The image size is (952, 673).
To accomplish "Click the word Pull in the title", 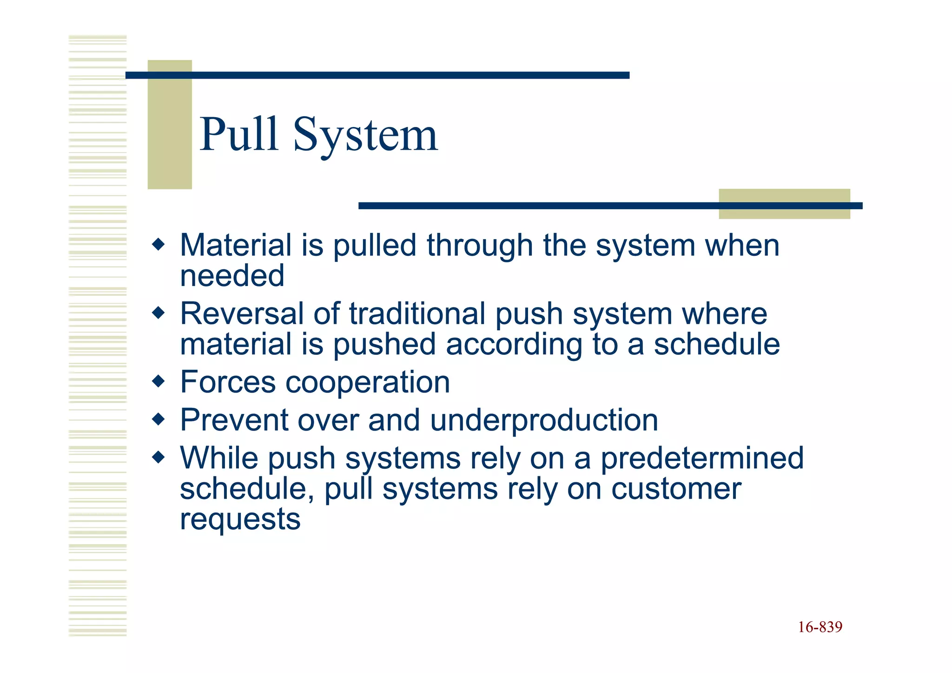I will pos(239,134).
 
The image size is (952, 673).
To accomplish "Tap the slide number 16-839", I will pos(820,627).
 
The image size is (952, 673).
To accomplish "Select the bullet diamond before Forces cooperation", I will pos(159,381).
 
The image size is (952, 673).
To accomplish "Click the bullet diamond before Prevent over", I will pos(159,420).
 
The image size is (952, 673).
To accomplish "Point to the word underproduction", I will pos(544,420).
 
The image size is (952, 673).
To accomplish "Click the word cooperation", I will pos(367,382).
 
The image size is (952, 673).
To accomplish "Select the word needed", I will pos(232,275).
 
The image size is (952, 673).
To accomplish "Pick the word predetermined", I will pos(702,459).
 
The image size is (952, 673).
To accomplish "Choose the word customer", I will pos(676,489).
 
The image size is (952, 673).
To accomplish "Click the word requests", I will pos(240,520).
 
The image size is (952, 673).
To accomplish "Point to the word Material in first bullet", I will pos(236,245).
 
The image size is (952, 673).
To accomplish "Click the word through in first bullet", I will pos(480,246).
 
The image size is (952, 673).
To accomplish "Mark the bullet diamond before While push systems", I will pos(159,458).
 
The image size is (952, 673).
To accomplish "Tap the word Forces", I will pos(228,382).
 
